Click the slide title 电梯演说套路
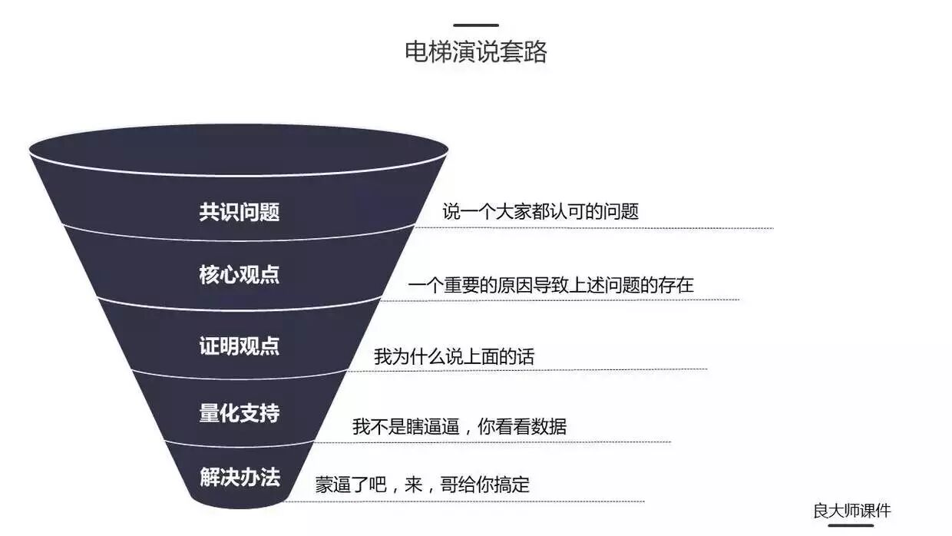coord(476,52)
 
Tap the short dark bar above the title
coord(476,25)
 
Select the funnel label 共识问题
coord(240,212)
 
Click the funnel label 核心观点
coord(240,275)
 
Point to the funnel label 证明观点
coord(240,346)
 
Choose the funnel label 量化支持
coord(240,413)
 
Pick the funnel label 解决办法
coord(240,478)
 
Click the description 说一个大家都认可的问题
coord(540,212)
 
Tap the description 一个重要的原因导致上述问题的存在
coord(550,286)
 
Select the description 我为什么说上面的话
coord(454,357)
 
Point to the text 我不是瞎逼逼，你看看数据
coord(459,427)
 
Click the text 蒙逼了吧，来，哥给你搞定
coord(422,485)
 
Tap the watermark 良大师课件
coord(852,511)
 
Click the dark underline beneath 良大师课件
coord(851,525)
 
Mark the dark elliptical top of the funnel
coord(238,148)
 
